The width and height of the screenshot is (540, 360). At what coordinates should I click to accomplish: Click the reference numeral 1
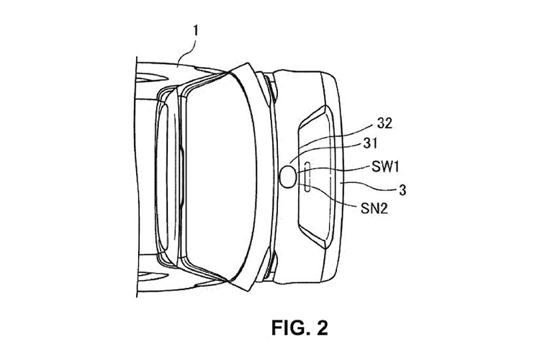pyautogui.click(x=196, y=31)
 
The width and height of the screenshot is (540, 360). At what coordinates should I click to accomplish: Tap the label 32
pyautogui.click(x=384, y=123)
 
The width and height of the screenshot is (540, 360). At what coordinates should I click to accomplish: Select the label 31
pyautogui.click(x=370, y=143)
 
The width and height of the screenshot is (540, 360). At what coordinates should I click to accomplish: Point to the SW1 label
pyautogui.click(x=385, y=168)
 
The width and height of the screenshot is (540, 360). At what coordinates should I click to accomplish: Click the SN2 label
pyautogui.click(x=374, y=208)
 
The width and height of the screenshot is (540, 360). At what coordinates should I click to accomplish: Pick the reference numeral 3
pyautogui.click(x=402, y=190)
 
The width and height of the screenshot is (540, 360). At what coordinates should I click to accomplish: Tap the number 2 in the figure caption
pyautogui.click(x=322, y=328)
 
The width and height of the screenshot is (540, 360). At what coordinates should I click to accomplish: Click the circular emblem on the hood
pyautogui.click(x=288, y=176)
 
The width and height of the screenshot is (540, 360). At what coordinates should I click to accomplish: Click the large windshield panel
pyautogui.click(x=220, y=176)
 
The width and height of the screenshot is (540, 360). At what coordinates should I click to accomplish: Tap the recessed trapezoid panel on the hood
pyautogui.click(x=316, y=177)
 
